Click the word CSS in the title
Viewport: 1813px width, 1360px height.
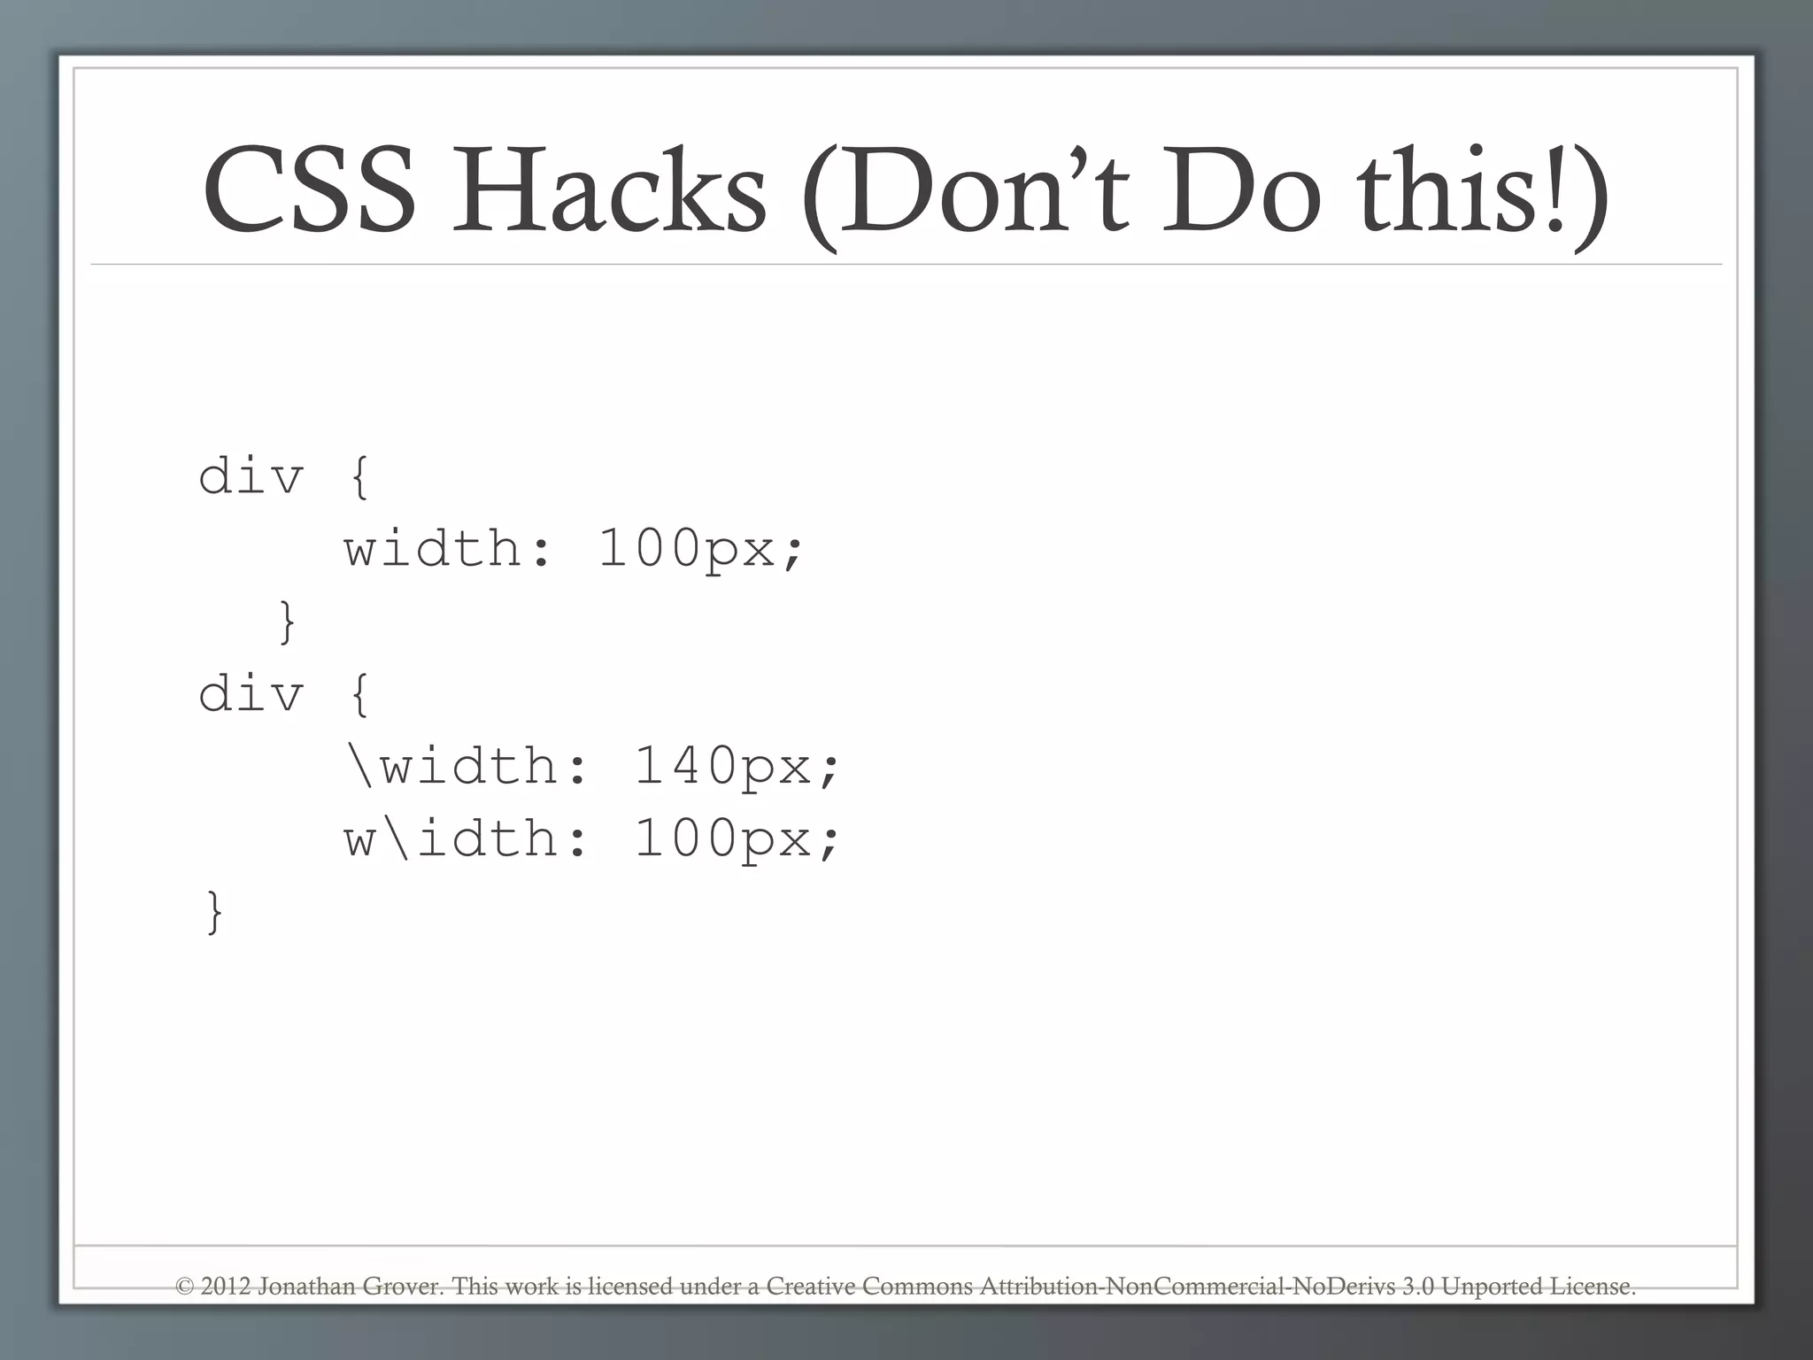309,191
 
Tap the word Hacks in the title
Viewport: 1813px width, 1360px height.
609,191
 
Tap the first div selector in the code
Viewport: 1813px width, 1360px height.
251,476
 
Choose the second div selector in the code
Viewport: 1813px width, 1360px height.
251,693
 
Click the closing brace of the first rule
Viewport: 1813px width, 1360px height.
287,622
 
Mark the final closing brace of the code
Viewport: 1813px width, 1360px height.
214,912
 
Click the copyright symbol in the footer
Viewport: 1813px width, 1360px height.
184,1287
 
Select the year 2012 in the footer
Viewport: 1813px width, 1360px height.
226,1287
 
